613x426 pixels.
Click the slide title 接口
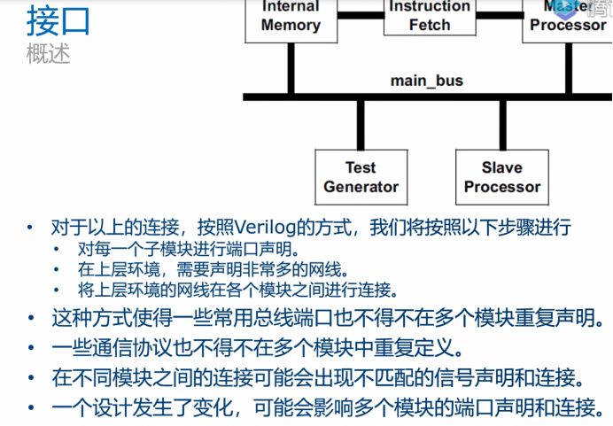pyautogui.click(x=58, y=21)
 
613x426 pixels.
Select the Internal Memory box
pyautogui.click(x=291, y=18)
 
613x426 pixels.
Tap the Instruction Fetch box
pyautogui.click(x=431, y=16)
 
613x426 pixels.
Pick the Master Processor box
pyautogui.click(x=567, y=18)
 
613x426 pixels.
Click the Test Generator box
pyautogui.click(x=361, y=177)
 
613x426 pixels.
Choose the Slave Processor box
pyautogui.click(x=501, y=177)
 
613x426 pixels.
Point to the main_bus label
pyautogui.click(x=427, y=81)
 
